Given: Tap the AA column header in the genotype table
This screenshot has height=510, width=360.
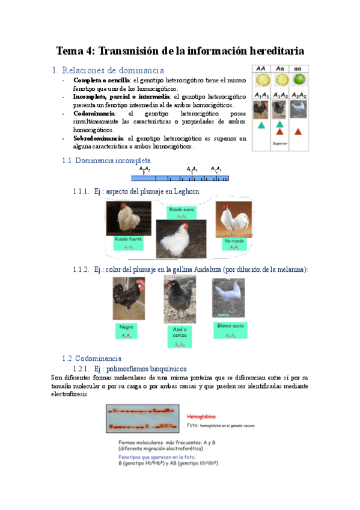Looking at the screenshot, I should [262, 69].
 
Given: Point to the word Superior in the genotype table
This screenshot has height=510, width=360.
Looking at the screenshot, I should [280, 143].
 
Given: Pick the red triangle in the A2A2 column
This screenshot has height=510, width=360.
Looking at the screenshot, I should [298, 131].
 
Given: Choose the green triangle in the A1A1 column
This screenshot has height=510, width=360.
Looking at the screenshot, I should [261, 125].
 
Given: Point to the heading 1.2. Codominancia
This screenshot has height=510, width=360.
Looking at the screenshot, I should [92, 358].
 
